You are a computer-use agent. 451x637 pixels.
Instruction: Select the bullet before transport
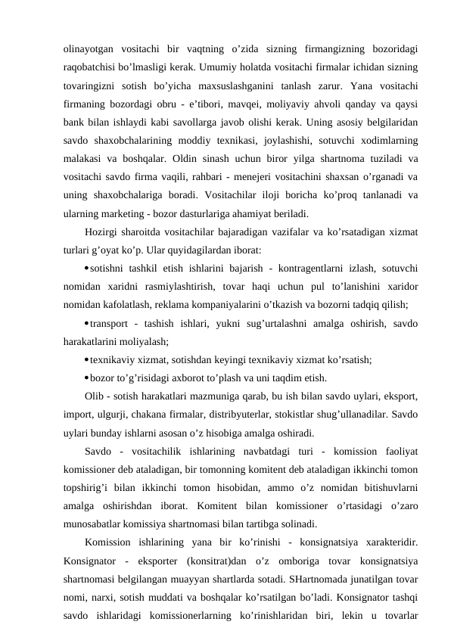click(x=88, y=323)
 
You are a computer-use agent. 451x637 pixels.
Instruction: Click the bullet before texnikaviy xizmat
click(x=88, y=360)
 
